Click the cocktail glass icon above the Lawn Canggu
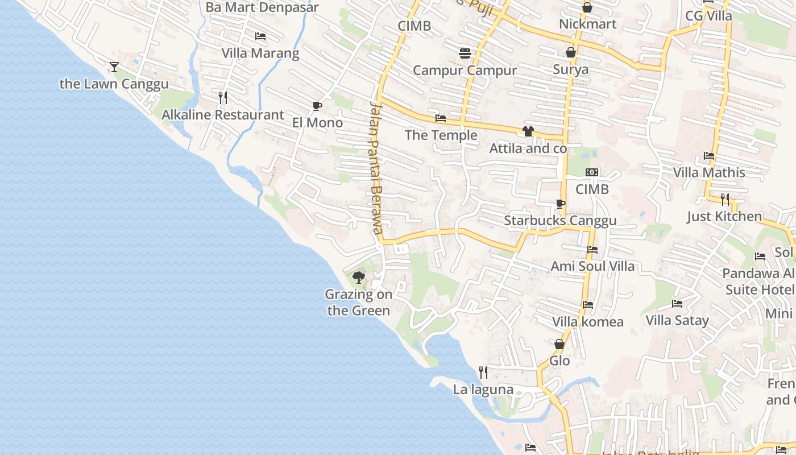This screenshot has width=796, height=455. pos(114,67)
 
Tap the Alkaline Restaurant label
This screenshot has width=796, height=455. pos(223,115)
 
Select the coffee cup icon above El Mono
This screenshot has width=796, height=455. pos(317,106)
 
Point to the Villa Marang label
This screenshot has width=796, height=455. pos(260,53)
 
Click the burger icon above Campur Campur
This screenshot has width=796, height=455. pos(465,53)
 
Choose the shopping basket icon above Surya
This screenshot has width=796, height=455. pos(571,52)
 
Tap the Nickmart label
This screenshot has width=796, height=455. pos(587,24)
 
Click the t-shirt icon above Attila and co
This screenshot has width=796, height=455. pos(528,131)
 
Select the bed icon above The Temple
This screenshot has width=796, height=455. pos(441,118)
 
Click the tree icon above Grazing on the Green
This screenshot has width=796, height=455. pos(359,277)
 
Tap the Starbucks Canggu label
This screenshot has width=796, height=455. pos(560,221)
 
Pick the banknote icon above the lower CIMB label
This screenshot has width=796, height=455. pos(592,172)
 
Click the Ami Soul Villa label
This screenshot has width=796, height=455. pos(592,266)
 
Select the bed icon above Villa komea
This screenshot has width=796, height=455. pos(588,305)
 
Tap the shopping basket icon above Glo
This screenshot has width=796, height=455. pos(559,344)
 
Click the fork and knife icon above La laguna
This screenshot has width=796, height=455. pos(483,373)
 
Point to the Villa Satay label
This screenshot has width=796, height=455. pos(677,321)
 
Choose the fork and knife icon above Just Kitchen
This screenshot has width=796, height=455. pos(725,199)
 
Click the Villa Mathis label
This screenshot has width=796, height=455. pos(709,172)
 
